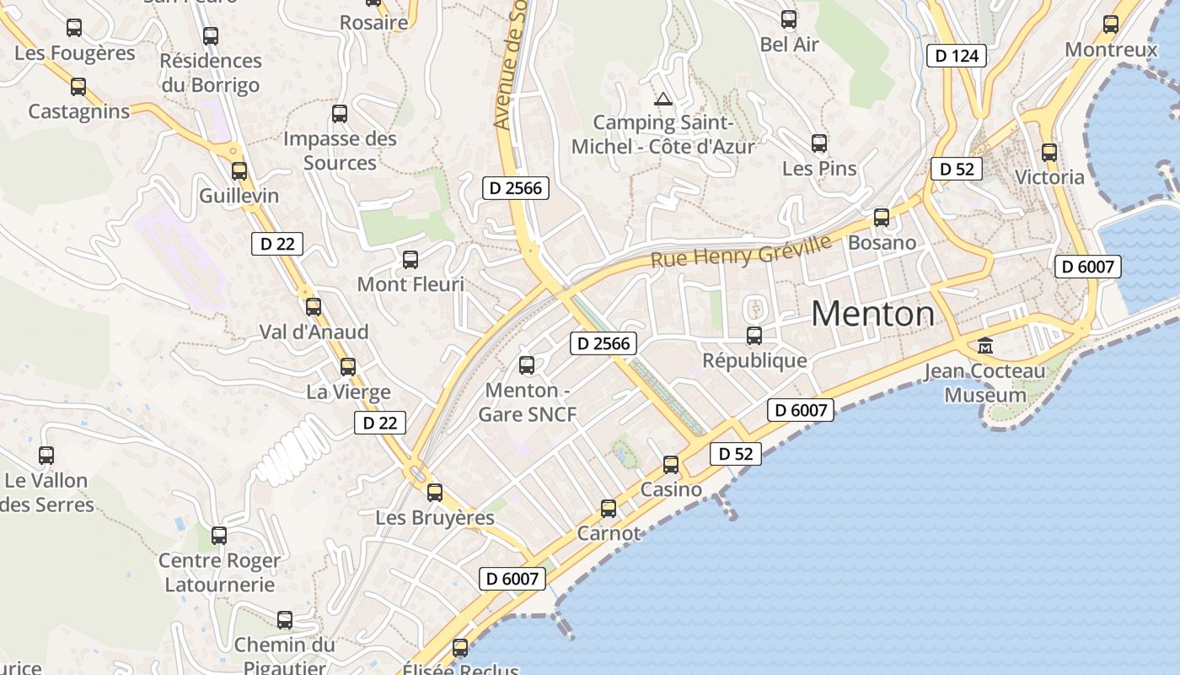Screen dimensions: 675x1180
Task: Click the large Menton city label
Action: (x=872, y=315)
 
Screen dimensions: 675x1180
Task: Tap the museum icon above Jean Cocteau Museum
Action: (x=984, y=345)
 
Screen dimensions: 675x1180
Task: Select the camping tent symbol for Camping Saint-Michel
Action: (x=663, y=100)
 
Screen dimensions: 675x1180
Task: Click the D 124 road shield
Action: (x=957, y=57)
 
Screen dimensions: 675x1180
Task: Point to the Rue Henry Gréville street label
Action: (x=741, y=251)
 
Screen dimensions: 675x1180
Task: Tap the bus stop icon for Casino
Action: (x=671, y=465)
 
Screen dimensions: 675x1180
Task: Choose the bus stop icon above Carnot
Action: (x=609, y=509)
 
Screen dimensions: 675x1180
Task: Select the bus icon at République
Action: (x=754, y=336)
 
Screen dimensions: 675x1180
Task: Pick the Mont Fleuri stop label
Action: (x=410, y=284)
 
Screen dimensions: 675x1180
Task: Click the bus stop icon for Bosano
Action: (x=882, y=218)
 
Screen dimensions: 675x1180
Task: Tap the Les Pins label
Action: (x=819, y=169)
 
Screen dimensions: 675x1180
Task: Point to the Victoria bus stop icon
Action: (x=1049, y=153)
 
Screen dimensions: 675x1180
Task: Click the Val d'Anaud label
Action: (x=314, y=332)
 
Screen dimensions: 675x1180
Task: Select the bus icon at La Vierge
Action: (x=348, y=367)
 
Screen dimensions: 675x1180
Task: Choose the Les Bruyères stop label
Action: (x=435, y=517)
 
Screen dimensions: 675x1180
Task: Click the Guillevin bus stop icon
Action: (x=239, y=171)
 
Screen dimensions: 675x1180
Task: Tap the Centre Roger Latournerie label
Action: (x=219, y=572)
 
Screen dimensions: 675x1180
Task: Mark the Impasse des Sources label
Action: (x=340, y=150)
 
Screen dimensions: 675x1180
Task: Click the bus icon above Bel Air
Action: (x=789, y=19)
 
